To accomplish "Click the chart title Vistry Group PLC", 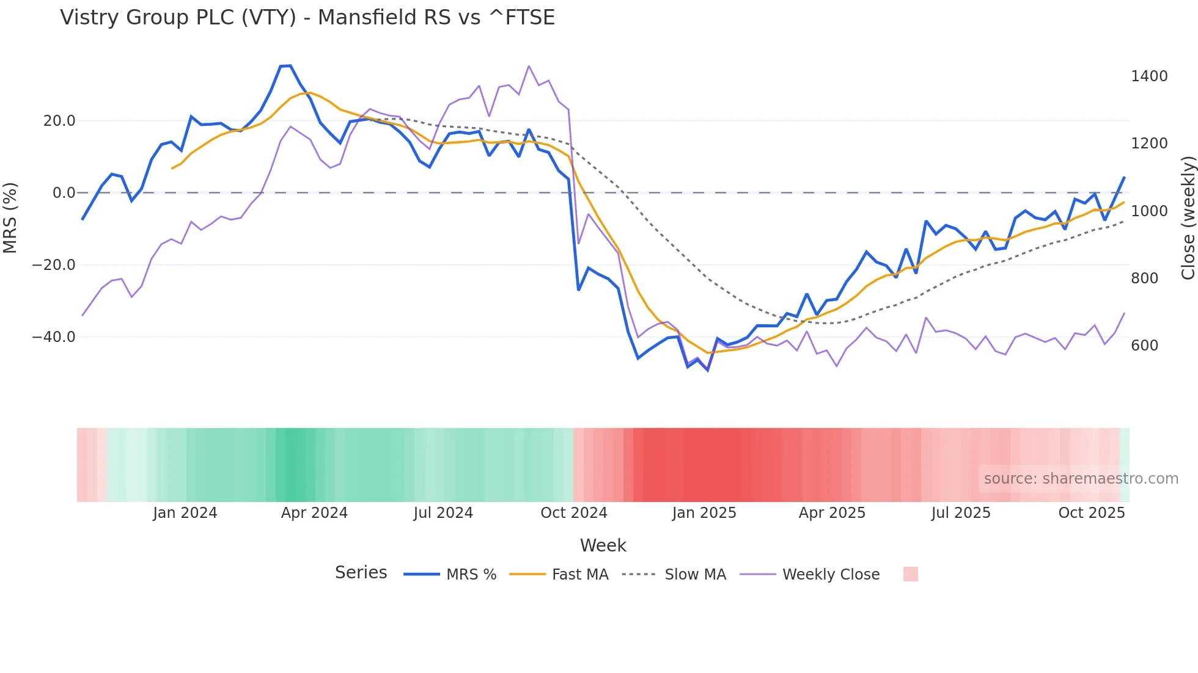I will [307, 18].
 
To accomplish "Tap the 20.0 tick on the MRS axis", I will [59, 121].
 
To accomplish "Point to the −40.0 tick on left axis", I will [54, 337].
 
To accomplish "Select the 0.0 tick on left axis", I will [64, 193].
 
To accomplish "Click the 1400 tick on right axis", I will [1149, 76].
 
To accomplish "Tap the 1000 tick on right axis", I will [1149, 211].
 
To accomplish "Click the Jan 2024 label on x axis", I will [185, 513].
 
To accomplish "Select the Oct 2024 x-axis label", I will [573, 513].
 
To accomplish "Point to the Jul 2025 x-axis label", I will [960, 513].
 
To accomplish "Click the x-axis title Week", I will [603, 545].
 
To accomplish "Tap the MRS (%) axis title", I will [10, 218].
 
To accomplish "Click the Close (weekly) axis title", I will [1188, 218].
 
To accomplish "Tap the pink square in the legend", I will [910, 574].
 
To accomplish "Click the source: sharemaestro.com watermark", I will [1081, 479].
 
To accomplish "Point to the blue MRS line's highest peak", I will [286, 65].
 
